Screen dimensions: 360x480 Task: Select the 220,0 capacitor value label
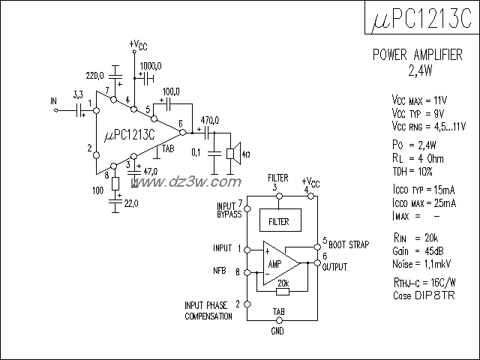pos(95,76)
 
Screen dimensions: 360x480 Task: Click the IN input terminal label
pos(53,100)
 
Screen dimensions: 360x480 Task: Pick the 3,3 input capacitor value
pos(78,94)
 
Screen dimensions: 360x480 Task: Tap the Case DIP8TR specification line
pos(423,296)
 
